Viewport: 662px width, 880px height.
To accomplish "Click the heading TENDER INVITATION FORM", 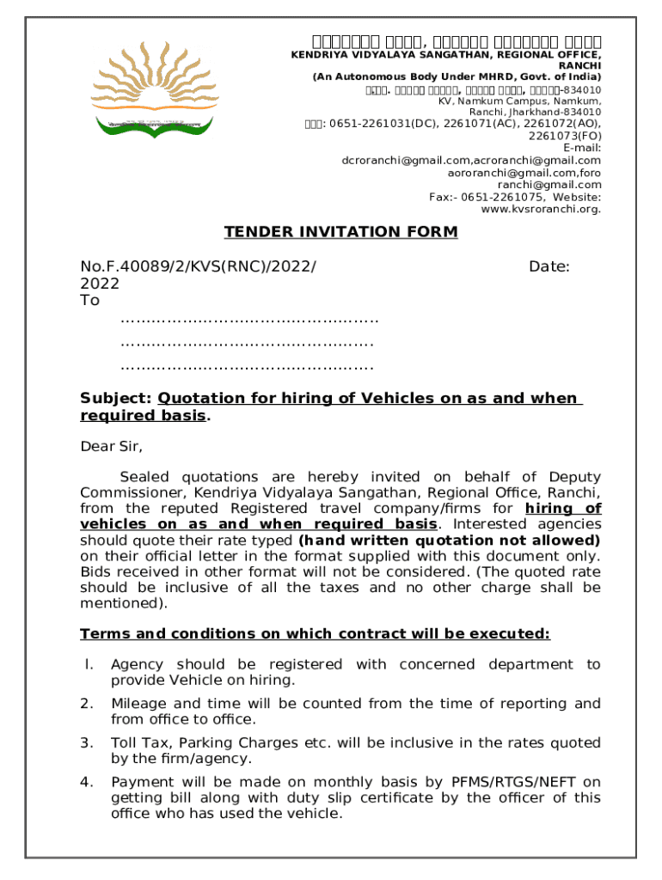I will pos(340,232).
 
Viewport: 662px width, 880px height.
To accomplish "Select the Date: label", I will pos(549,267).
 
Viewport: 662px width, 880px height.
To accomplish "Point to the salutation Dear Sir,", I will pos(111,446).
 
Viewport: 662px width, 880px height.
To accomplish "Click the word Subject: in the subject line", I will pos(116,399).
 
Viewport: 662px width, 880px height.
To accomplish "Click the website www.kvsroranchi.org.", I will pos(541,209).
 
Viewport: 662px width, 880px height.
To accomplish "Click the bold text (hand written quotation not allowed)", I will pos(449,541).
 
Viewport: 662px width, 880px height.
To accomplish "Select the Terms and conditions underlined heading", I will pos(315,634).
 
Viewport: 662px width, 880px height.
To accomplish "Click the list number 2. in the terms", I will pos(86,704).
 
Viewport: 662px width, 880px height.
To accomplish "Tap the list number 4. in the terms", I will pos(86,782).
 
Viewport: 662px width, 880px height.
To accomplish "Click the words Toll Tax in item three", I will pos(140,742).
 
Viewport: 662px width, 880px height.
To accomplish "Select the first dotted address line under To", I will pos(249,321).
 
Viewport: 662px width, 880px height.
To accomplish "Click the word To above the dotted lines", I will pos(89,300).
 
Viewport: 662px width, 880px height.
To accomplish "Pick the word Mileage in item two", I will pos(139,704).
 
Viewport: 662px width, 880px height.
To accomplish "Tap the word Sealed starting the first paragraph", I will pos(145,477).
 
